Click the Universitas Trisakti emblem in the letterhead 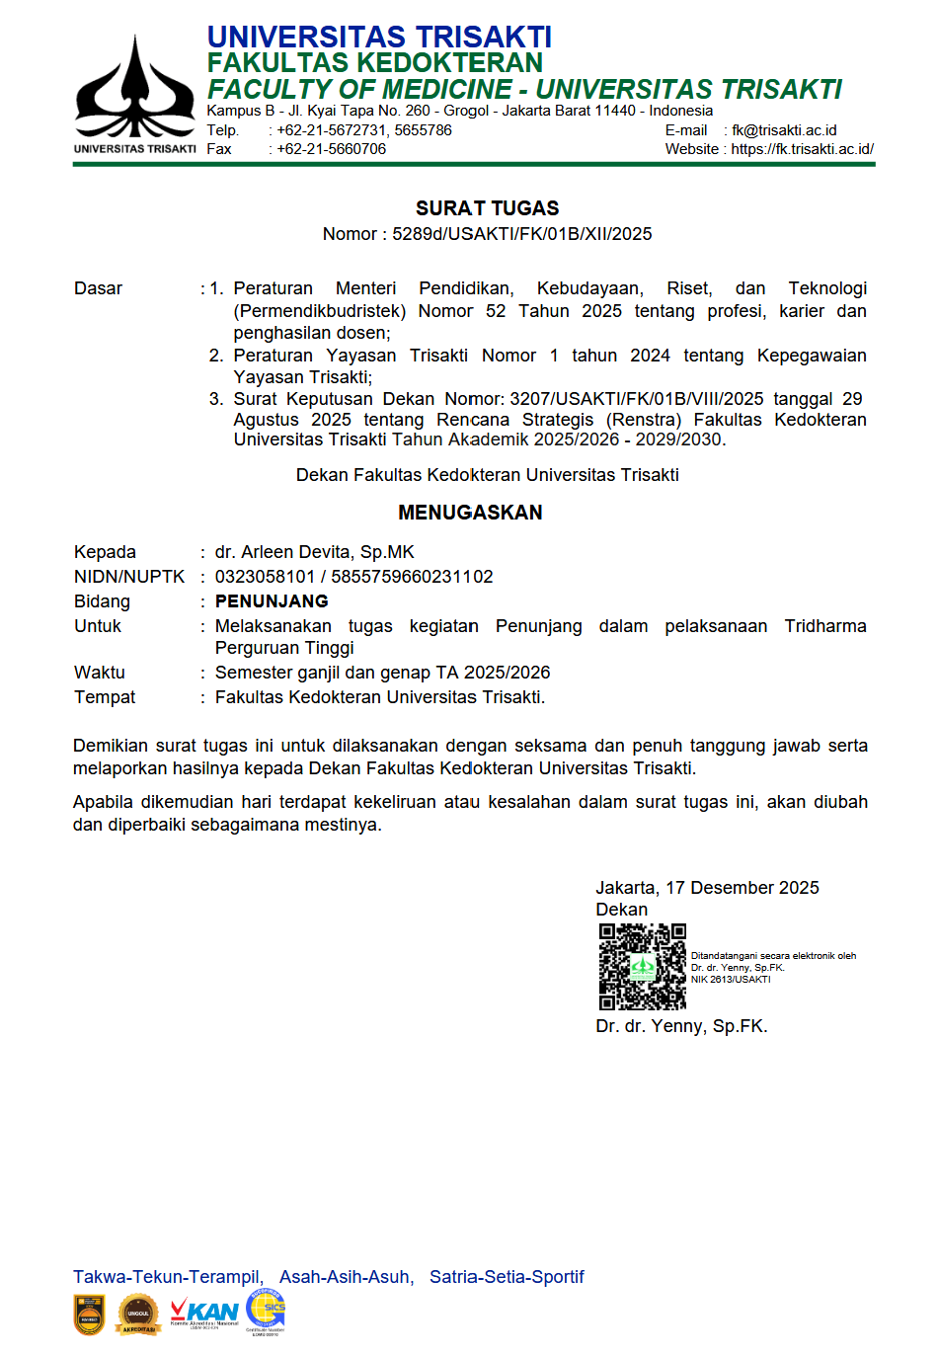pyautogui.click(x=135, y=89)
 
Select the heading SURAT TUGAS pyautogui.click(x=487, y=208)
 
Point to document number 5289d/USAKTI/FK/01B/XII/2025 pyautogui.click(x=521, y=234)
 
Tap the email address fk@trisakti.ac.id pyautogui.click(x=784, y=130)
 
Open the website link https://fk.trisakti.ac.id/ pyautogui.click(x=802, y=149)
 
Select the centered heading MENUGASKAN pyautogui.click(x=470, y=513)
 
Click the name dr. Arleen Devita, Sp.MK pyautogui.click(x=314, y=552)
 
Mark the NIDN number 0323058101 pyautogui.click(x=265, y=577)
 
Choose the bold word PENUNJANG pyautogui.click(x=272, y=601)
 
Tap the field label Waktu pyautogui.click(x=100, y=673)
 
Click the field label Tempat pyautogui.click(x=105, y=697)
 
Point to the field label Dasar pyautogui.click(x=98, y=288)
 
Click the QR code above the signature pyautogui.click(x=642, y=967)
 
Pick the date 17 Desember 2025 pyautogui.click(x=743, y=888)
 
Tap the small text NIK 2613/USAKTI pyautogui.click(x=731, y=980)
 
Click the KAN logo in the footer pyautogui.click(x=204, y=1314)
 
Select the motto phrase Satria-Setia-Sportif pyautogui.click(x=507, y=1277)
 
